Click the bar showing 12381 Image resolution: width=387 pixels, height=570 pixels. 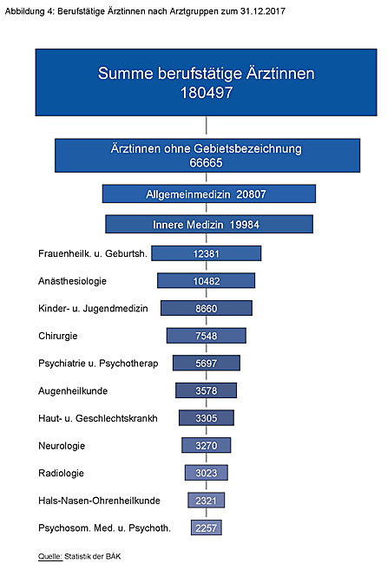point(207,253)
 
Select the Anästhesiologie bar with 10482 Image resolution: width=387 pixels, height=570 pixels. point(207,280)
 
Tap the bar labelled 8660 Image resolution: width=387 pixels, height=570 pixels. point(207,308)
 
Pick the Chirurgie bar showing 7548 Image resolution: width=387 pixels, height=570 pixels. point(207,336)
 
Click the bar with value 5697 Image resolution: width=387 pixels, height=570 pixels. point(207,363)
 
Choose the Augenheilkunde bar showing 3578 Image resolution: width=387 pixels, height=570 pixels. point(207,390)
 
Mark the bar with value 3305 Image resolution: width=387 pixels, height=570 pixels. point(207,417)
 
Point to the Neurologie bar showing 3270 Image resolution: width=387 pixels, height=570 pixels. point(207,445)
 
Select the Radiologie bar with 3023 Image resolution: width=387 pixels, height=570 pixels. point(207,473)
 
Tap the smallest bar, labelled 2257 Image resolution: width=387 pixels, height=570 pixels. point(207,527)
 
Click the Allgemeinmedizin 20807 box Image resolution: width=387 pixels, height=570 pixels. point(209,193)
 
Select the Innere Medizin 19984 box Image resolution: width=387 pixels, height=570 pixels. point(209,224)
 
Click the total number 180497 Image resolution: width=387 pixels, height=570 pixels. point(207,92)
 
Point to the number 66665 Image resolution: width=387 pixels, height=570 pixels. point(206,162)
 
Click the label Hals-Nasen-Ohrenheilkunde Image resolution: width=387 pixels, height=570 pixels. point(99,501)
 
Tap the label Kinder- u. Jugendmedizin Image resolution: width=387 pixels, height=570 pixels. point(93,309)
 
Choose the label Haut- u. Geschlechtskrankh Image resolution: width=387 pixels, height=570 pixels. point(98,418)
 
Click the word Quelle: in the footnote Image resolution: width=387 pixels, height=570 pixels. point(50,556)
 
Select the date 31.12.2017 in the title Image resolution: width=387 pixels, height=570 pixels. point(263,11)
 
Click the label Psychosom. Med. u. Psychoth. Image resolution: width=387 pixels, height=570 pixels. point(104,527)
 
